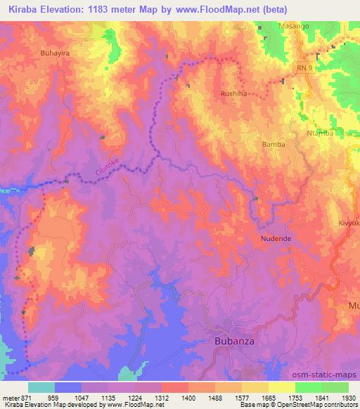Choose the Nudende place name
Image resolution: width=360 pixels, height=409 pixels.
(276, 238)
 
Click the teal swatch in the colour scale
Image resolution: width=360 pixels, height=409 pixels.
(41, 387)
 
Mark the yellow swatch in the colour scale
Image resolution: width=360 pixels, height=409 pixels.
(281, 387)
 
